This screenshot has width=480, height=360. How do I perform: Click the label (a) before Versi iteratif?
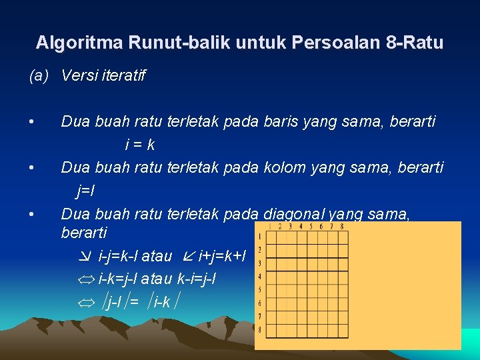(39, 75)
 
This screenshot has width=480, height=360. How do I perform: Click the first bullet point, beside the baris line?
(31, 122)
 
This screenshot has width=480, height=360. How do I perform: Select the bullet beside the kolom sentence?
(31, 168)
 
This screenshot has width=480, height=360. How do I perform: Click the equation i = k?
(140, 145)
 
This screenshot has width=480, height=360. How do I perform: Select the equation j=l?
(85, 191)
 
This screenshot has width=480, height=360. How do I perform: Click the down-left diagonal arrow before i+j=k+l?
(188, 257)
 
